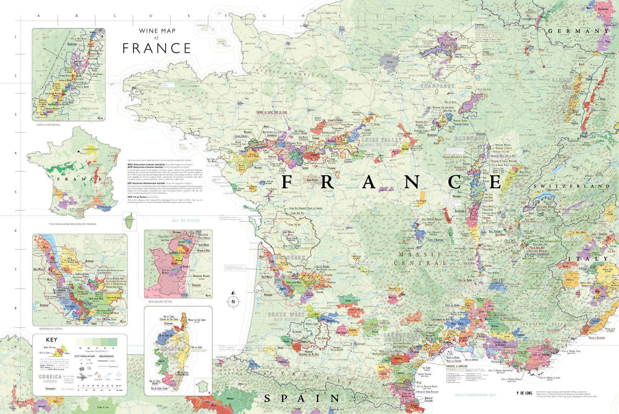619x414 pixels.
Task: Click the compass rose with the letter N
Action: [233, 301]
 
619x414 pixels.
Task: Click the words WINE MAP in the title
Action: [157, 31]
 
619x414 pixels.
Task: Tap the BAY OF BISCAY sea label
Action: [186, 221]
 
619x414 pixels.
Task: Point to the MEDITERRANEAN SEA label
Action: [475, 395]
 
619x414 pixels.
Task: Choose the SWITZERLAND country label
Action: [571, 186]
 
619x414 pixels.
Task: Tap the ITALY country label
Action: [588, 259]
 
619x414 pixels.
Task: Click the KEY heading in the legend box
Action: [52, 340]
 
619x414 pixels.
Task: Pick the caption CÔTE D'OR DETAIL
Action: [49, 125]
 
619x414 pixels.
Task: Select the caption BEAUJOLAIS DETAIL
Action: [160, 301]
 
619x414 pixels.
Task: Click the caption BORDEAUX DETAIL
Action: [51, 329]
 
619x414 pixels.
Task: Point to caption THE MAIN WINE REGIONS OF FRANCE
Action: [72, 224]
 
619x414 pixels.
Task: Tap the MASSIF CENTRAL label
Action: [421, 259]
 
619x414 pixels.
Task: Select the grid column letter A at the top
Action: [39, 16]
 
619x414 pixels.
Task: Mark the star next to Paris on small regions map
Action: [79, 152]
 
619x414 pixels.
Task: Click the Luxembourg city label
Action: [529, 19]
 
